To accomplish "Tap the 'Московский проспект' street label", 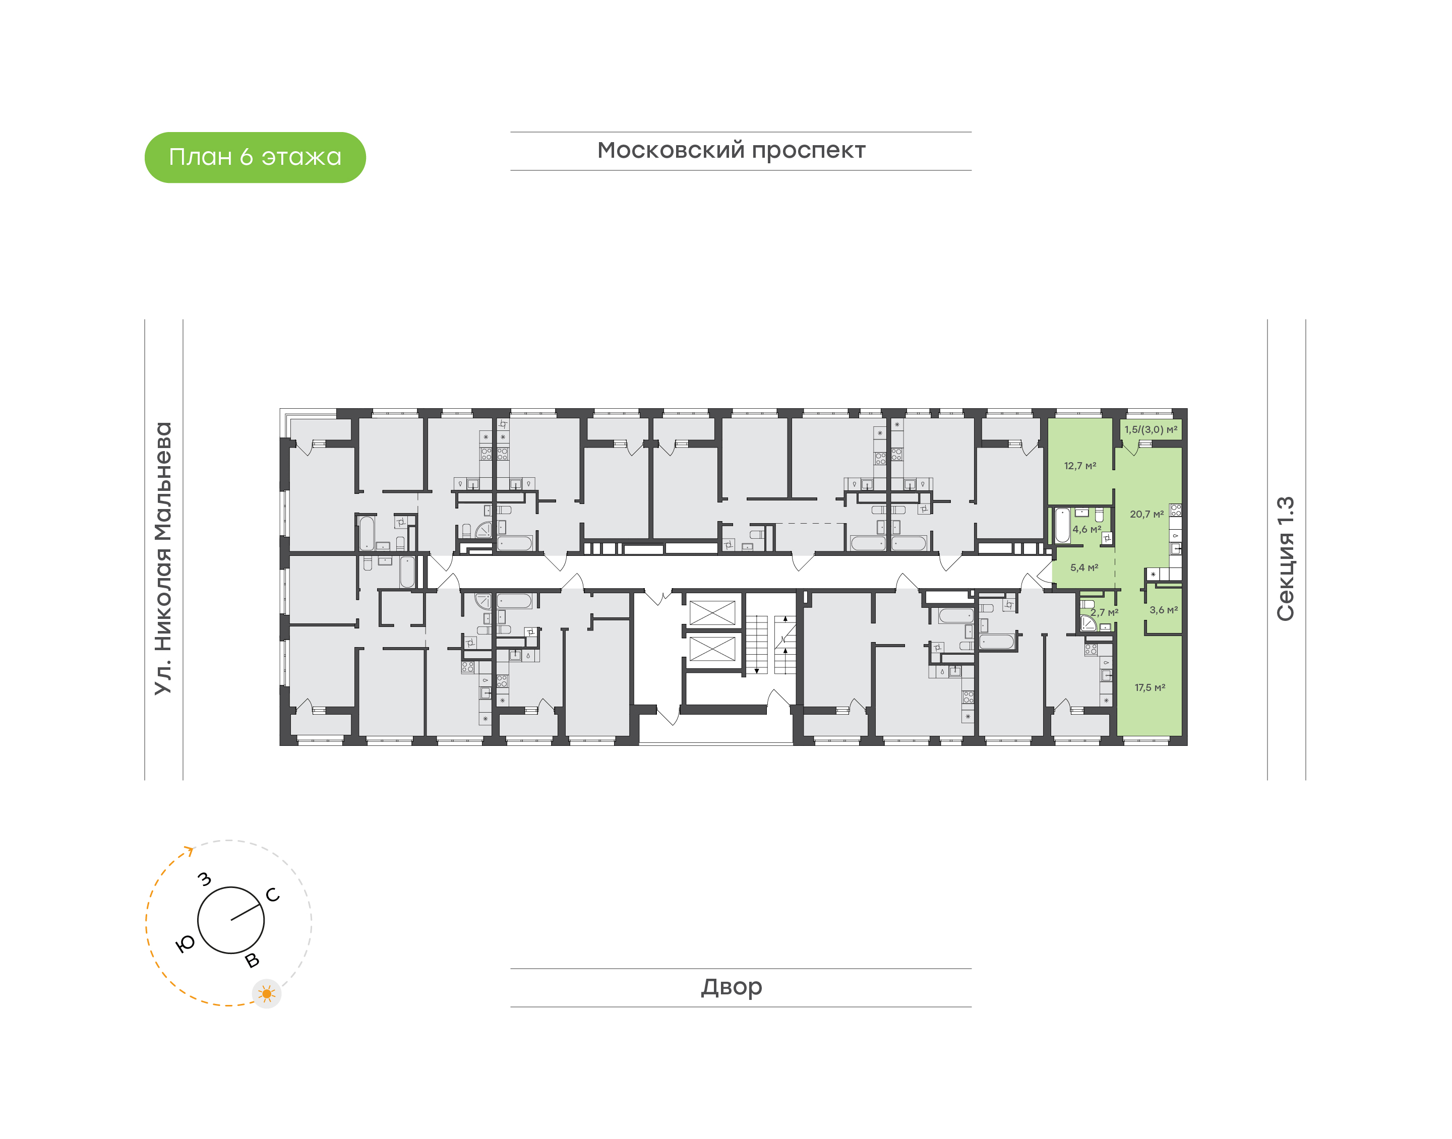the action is (731, 151).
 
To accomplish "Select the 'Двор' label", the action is (731, 987).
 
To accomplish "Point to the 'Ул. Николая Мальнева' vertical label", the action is (163, 558).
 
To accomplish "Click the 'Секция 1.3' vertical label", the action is (1285, 559).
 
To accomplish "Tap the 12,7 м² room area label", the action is (1080, 466).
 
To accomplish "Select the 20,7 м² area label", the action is (1146, 514).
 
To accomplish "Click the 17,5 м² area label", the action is (1150, 687).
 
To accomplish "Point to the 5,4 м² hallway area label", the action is (1084, 567).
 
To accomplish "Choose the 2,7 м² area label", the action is (1105, 612).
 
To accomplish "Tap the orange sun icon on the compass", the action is (267, 994).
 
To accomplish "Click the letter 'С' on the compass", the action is (273, 895).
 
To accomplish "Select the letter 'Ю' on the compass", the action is (185, 943).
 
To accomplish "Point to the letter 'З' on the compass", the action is (205, 879).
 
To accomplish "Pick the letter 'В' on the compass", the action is (252, 960).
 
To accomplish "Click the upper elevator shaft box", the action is (712, 613).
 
